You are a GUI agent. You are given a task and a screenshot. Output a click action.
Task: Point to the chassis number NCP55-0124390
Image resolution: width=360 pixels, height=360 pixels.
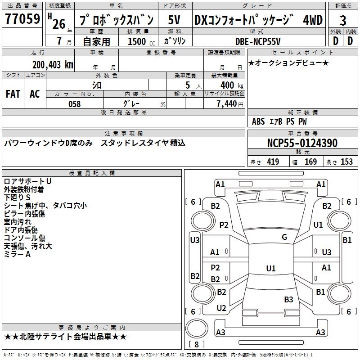pyautogui.click(x=302, y=144)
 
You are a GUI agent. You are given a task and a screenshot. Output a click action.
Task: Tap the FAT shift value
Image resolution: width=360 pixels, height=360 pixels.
pyautogui.click(x=13, y=94)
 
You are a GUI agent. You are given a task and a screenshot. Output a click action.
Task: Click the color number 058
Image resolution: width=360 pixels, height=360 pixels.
pyautogui.click(x=74, y=104)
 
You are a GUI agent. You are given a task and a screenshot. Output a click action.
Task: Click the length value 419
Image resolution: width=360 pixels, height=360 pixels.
pyautogui.click(x=273, y=162)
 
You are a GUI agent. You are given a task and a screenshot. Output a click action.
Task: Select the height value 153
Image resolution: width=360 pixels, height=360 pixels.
pyautogui.click(x=346, y=162)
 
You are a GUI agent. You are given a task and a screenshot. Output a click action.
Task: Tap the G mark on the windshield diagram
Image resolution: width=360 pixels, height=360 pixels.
pyautogui.click(x=284, y=237)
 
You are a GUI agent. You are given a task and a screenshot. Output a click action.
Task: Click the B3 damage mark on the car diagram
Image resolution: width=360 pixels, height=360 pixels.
pyautogui.click(x=288, y=299)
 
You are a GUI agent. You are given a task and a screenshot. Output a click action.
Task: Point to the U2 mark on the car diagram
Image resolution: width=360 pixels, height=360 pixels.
pyautogui.click(x=221, y=308)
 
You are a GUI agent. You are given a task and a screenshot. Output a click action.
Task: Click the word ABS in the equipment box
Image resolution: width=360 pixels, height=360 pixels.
pyautogui.click(x=258, y=121)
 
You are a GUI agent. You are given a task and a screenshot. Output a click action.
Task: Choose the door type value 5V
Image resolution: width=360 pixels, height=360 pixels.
pyautogui.click(x=175, y=20)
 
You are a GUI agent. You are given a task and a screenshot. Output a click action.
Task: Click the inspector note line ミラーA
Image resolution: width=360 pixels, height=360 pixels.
pyautogui.click(x=17, y=255)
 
